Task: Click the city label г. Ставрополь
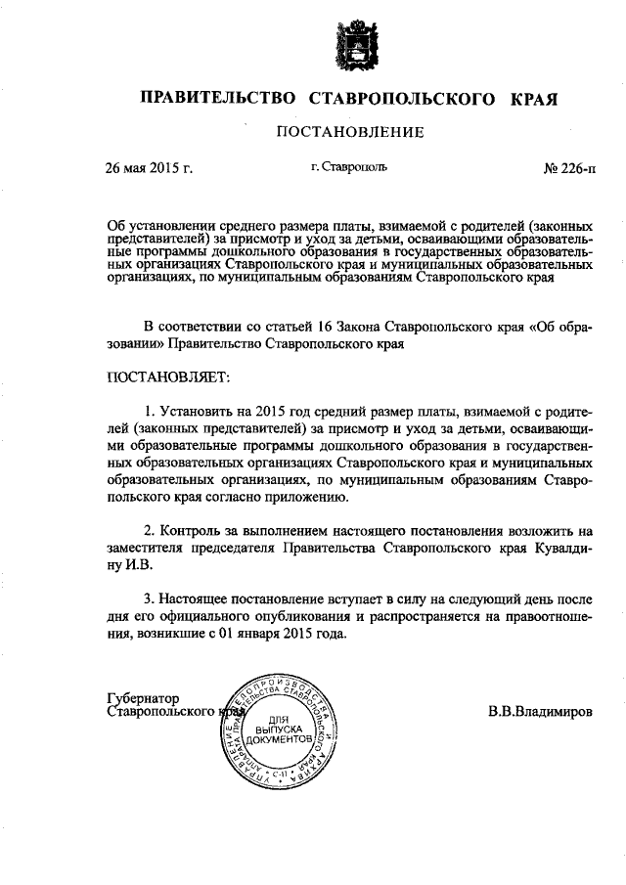(x=349, y=167)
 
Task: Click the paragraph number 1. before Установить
(x=150, y=410)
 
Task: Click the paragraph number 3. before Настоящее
(x=150, y=599)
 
